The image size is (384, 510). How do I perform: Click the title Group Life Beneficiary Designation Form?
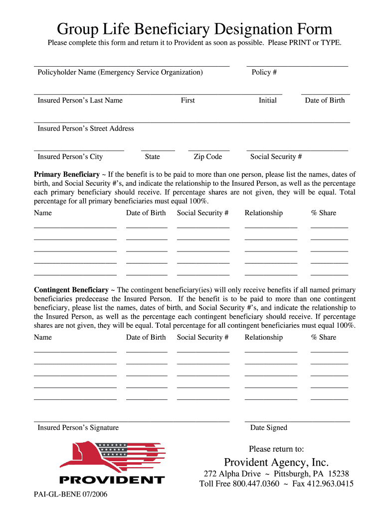tap(194, 29)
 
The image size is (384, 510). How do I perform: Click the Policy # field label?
tap(264, 72)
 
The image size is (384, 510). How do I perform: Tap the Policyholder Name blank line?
tap(132, 65)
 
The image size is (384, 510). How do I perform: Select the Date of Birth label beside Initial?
tap(325, 100)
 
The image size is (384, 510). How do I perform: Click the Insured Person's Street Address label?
tap(86, 128)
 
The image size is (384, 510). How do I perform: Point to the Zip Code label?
tap(207, 157)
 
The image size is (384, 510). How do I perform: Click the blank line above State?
tap(158, 150)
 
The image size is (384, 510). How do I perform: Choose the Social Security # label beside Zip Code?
tap(276, 157)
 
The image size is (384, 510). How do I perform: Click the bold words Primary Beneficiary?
tap(66, 175)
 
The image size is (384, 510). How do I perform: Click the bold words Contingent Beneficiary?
tap(71, 290)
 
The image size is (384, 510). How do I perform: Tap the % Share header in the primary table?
tap(324, 213)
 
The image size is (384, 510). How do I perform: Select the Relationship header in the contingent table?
tap(263, 338)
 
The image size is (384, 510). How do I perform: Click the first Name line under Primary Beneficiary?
tap(75, 227)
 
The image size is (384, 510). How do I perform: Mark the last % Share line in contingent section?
tap(329, 399)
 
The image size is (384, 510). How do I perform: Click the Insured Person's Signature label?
tap(78, 428)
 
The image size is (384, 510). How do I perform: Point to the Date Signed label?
tap(269, 428)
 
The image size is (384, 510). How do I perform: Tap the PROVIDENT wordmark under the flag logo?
tap(112, 480)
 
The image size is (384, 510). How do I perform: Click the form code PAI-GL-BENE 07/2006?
tap(70, 495)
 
